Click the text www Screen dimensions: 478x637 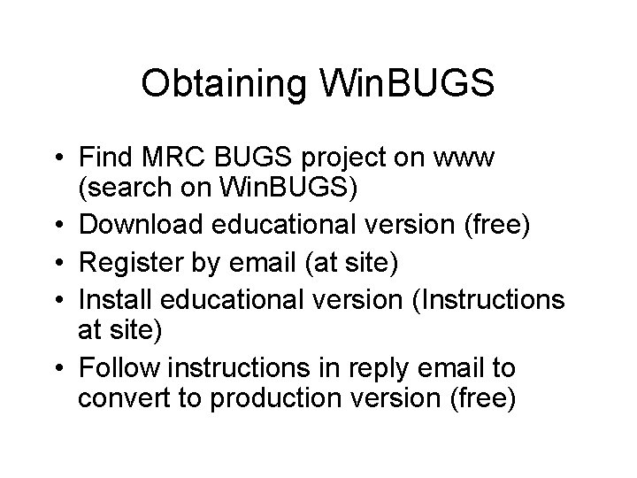click(469, 161)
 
